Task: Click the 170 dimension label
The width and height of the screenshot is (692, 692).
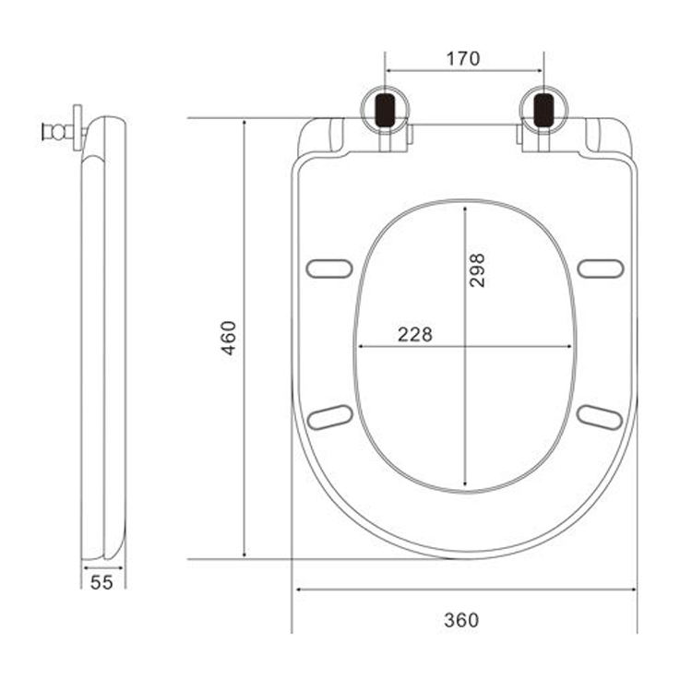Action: point(463,59)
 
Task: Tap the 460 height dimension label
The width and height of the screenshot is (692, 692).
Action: point(229,338)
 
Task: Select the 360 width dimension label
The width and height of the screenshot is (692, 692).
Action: point(461,620)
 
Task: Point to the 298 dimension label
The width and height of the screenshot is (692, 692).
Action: point(477,270)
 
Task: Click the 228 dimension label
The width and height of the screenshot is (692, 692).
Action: point(415,335)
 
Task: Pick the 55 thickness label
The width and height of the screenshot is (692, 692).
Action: point(101,582)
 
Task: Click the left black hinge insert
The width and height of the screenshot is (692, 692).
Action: point(385,110)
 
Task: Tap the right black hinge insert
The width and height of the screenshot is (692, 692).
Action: point(543,110)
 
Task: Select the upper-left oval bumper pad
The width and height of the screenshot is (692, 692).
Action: point(329,268)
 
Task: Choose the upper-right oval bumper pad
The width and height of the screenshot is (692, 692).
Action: point(601,268)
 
